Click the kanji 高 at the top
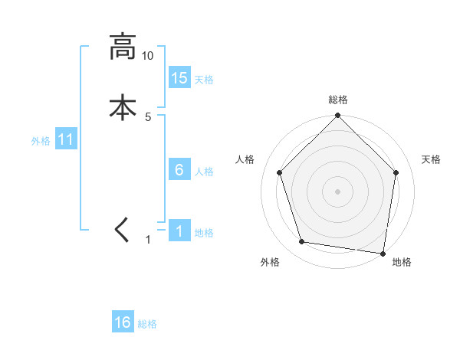123,47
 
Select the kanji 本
123,106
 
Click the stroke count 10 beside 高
147,56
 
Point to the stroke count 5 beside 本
148,116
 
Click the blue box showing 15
179,78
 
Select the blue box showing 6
179,170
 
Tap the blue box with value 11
66,140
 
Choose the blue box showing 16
123,322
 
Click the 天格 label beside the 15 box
204,80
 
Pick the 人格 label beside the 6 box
204,172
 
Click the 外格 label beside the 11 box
41,141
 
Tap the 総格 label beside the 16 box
147,324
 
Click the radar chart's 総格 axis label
337,100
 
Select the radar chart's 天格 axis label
432,159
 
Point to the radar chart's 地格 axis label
402,262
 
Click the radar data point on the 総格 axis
337,116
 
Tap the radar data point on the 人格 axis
280,172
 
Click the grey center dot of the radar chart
337,191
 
